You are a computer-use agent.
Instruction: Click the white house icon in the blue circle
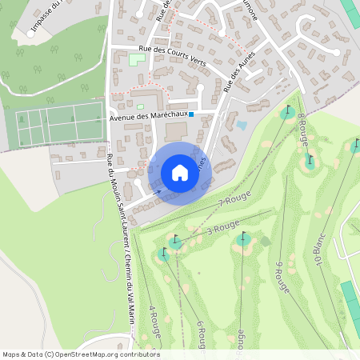(179, 173)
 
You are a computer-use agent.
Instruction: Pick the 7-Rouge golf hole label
(234, 198)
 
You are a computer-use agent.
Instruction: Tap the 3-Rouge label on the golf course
(223, 229)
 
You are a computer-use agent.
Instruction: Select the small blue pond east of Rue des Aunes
(242, 125)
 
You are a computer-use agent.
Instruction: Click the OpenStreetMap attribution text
(81, 354)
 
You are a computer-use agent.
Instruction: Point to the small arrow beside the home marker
(158, 191)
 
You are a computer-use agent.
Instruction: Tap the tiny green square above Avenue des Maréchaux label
(140, 106)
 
